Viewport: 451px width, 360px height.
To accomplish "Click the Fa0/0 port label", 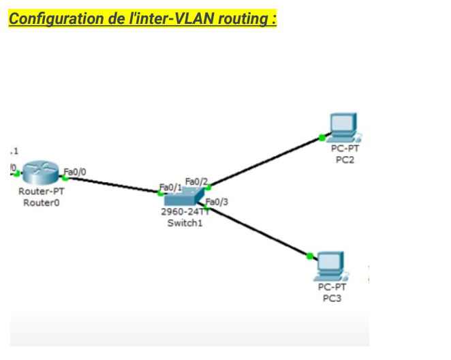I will (75, 171).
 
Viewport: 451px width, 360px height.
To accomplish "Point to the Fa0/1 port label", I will (170, 186).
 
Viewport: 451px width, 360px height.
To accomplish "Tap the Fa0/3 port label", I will (217, 201).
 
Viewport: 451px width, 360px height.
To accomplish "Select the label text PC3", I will (332, 299).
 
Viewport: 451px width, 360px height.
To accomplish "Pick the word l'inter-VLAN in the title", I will (168, 18).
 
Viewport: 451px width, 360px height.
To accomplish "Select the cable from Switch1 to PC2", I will (266, 162).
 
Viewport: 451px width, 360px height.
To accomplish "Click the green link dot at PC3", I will (310, 256).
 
